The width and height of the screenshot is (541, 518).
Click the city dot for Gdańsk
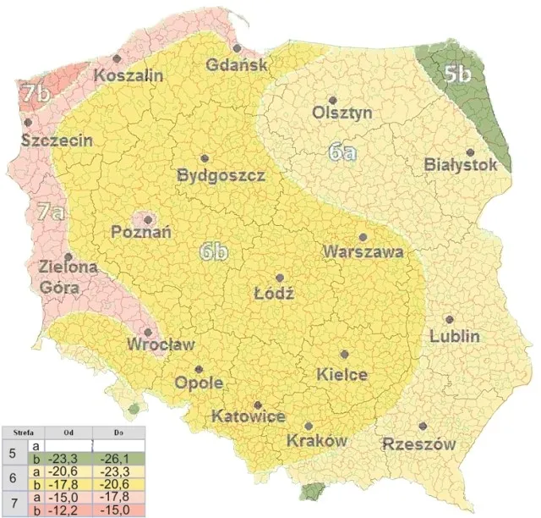coord(238,48)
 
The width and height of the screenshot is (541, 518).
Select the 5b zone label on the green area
coord(457,74)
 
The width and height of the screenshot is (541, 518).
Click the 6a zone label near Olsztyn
coord(342,152)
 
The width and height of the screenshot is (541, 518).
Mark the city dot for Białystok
coord(470,152)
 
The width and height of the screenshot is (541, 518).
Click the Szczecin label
coord(57,141)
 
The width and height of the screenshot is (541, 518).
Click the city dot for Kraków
coord(309,426)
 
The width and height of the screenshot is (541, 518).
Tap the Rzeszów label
coord(419,444)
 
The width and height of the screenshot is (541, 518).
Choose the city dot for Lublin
coord(449,320)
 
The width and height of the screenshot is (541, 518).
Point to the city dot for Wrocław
coord(148,333)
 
